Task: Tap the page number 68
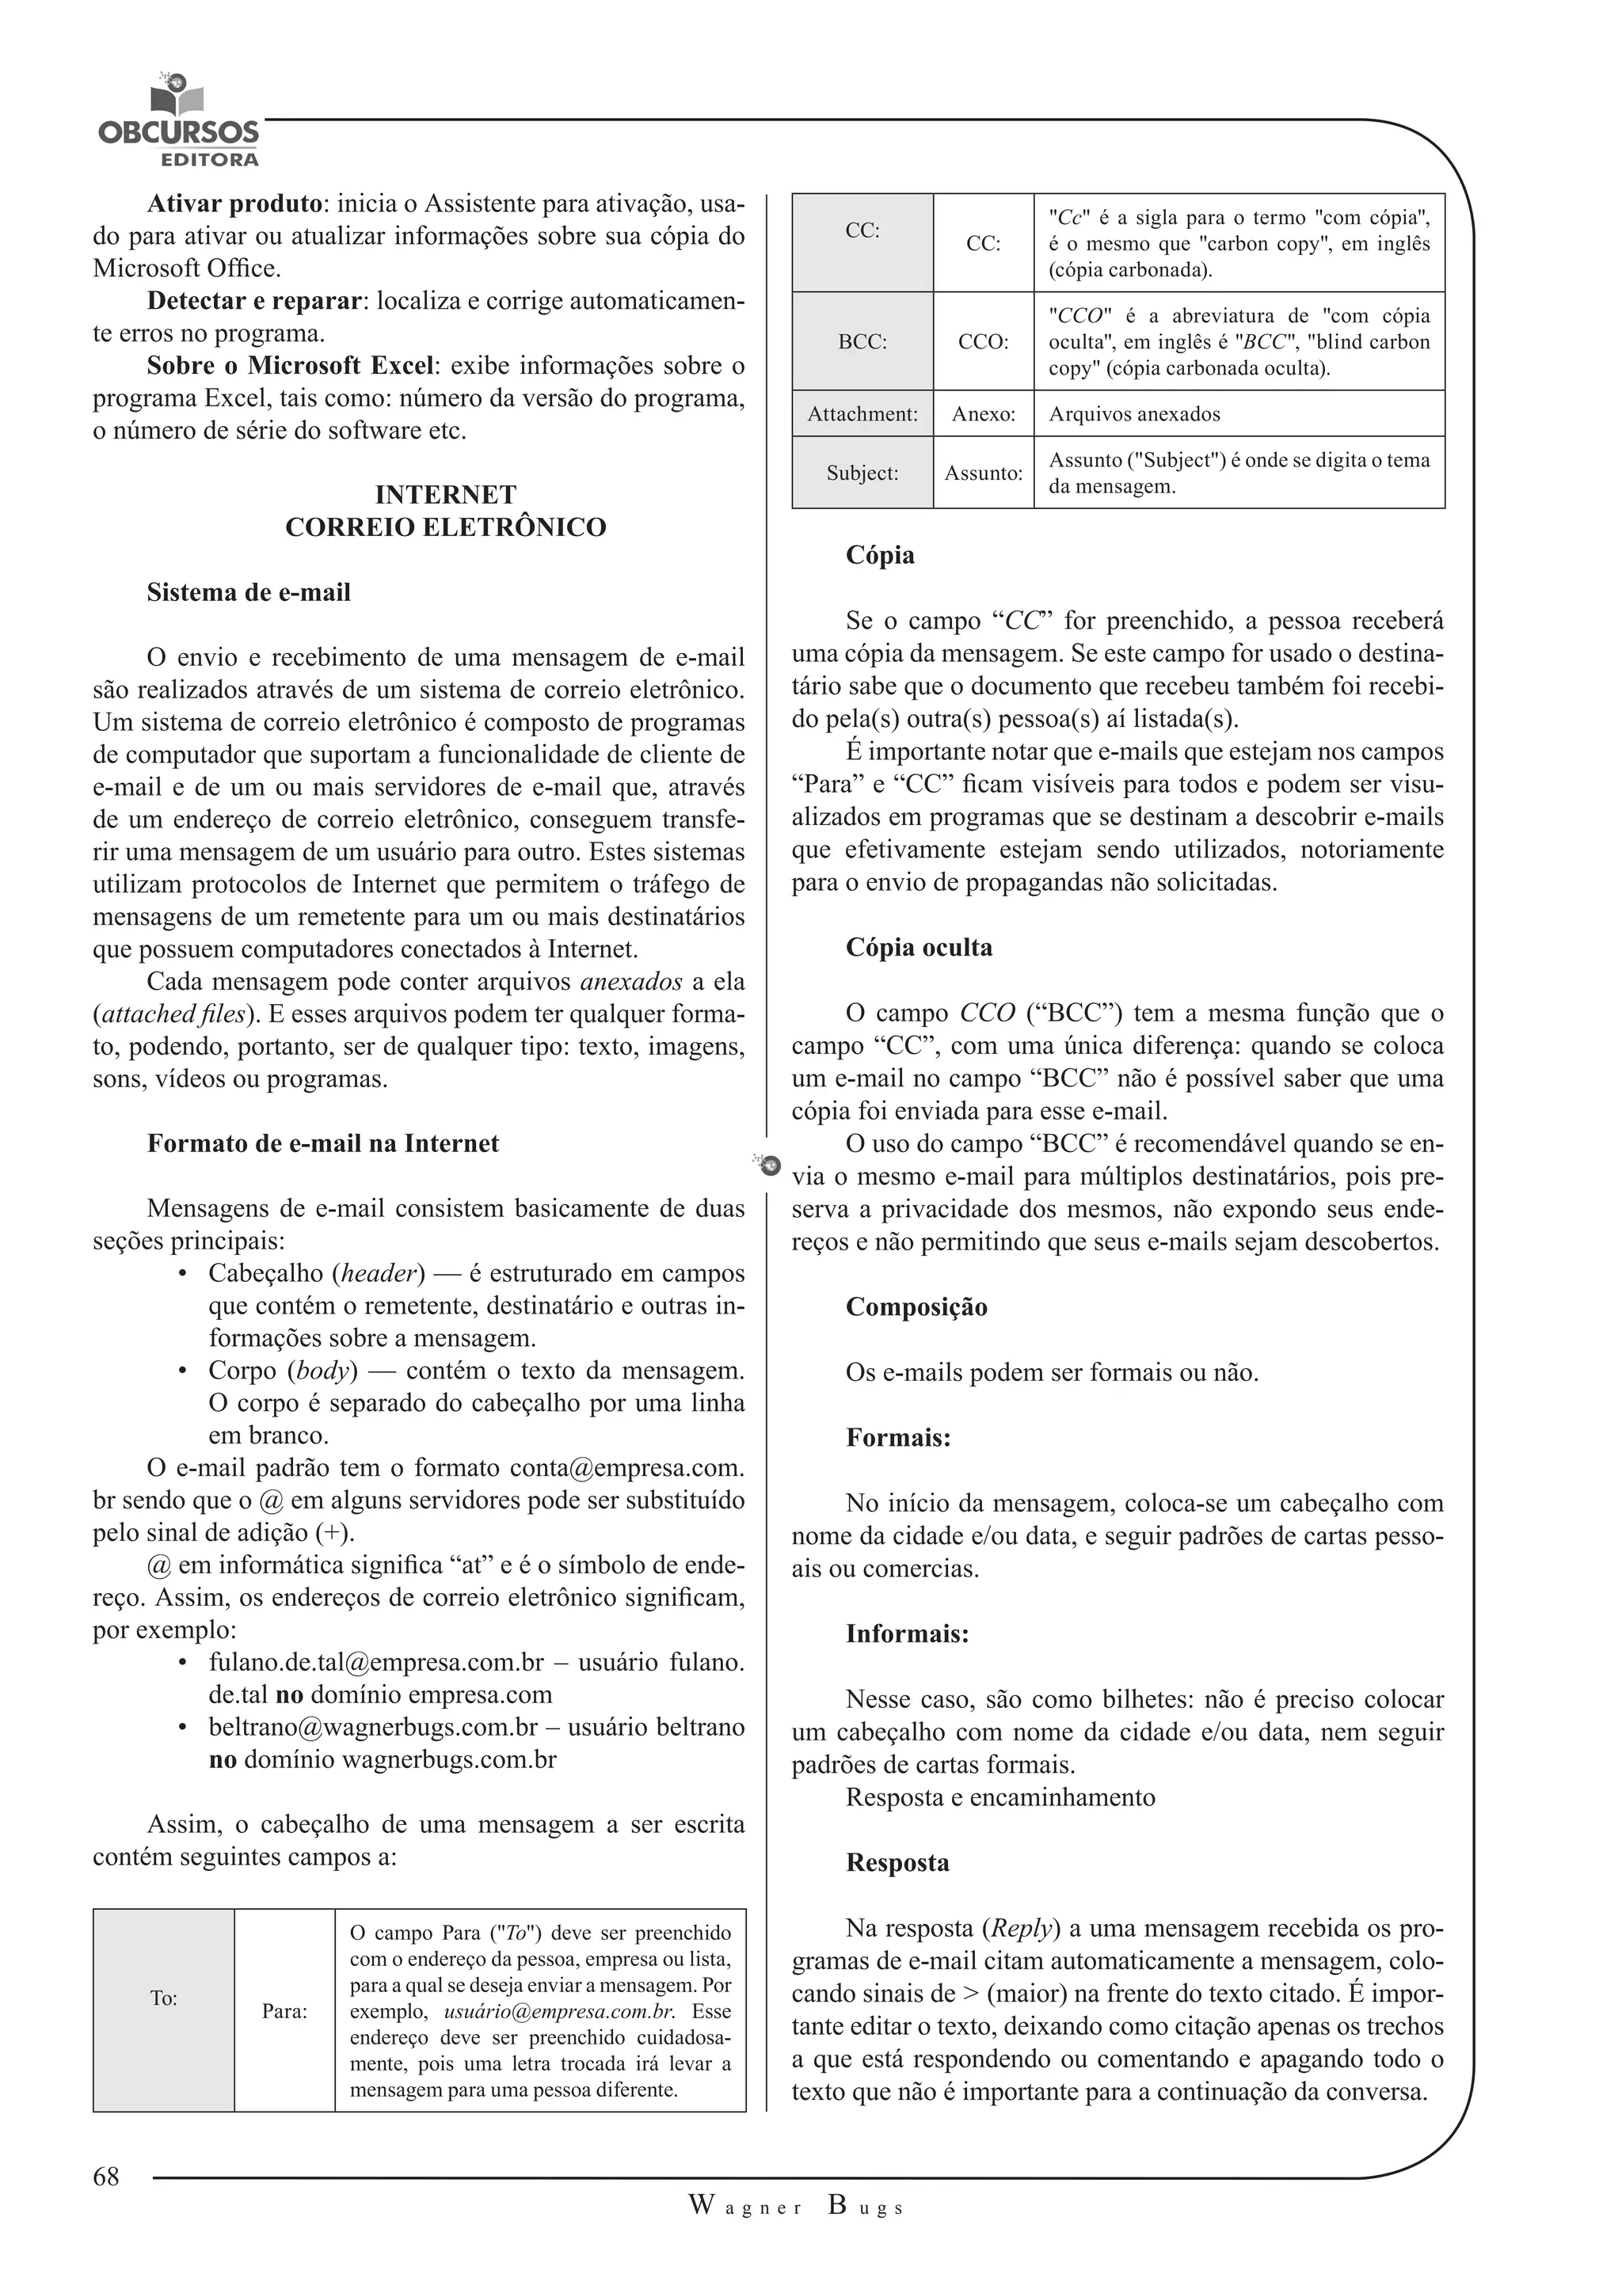tap(106, 2176)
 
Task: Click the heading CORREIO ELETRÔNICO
tap(445, 527)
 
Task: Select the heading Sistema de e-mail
tap(249, 592)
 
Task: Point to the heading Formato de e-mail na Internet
tap(322, 1143)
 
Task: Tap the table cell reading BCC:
tap(862, 341)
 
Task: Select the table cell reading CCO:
tap(983, 341)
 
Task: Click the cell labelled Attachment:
tap(862, 413)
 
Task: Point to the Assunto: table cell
tap(983, 473)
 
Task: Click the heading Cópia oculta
tap(919, 947)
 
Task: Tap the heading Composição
tap(916, 1306)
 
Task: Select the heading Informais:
tap(907, 1634)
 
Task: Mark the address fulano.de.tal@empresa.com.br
tap(376, 1662)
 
